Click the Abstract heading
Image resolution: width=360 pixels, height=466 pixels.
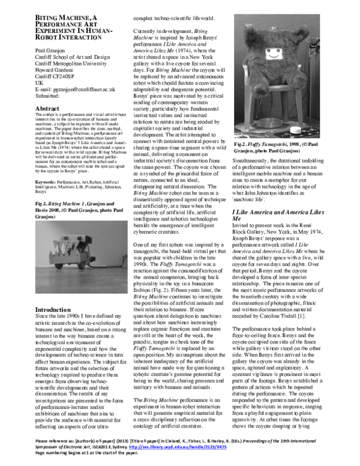pyautogui.click(x=34, y=109)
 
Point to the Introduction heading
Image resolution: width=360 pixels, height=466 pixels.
pyautogui.click(x=41, y=310)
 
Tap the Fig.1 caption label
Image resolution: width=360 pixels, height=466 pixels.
pyautogui.click(x=28, y=205)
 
